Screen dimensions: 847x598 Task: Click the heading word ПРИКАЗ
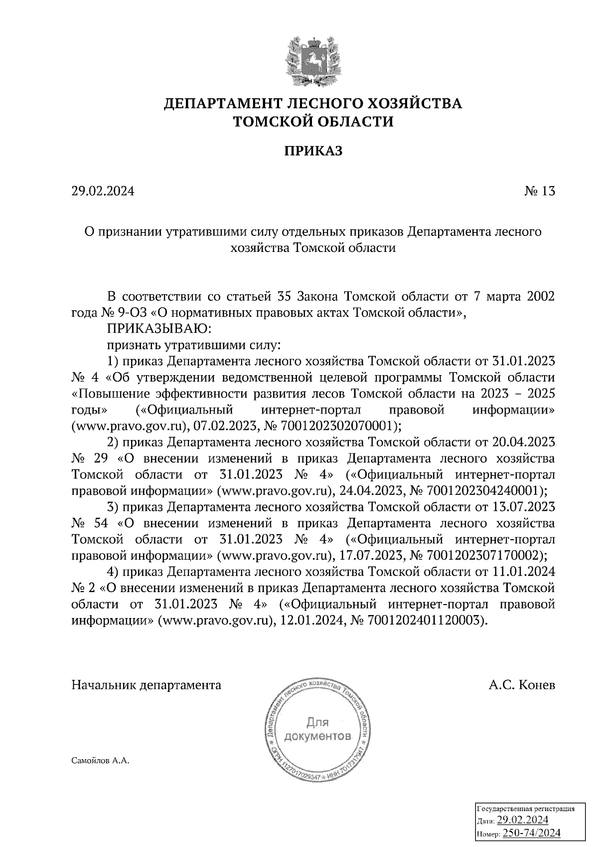[x=313, y=151]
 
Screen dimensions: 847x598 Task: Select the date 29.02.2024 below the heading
[x=103, y=191]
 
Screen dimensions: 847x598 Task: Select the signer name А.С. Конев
[x=522, y=685]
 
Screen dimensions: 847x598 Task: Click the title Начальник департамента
[x=147, y=685]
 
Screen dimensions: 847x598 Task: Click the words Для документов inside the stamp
[x=317, y=729]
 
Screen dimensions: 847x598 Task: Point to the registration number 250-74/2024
[x=532, y=833]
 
